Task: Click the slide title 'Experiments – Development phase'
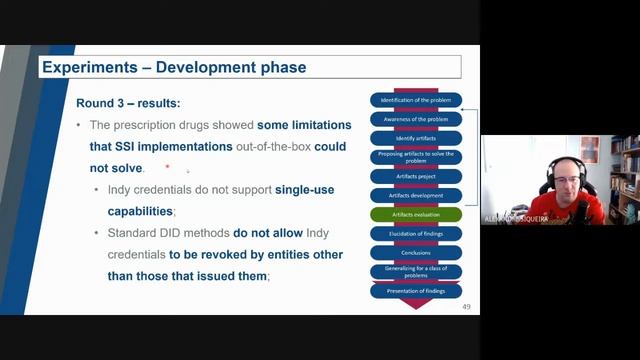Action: [173, 68]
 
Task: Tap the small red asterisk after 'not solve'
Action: [167, 166]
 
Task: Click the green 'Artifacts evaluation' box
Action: [415, 214]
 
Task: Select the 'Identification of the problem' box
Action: [415, 100]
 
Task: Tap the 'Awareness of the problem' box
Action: [415, 119]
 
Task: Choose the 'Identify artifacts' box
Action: [415, 138]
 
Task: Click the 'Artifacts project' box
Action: [415, 176]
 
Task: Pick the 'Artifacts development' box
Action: [415, 195]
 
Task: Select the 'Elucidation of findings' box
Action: [415, 233]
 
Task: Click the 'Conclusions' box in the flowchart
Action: [415, 252]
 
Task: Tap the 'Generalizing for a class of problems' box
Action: [415, 271]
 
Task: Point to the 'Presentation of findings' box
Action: [415, 291]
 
